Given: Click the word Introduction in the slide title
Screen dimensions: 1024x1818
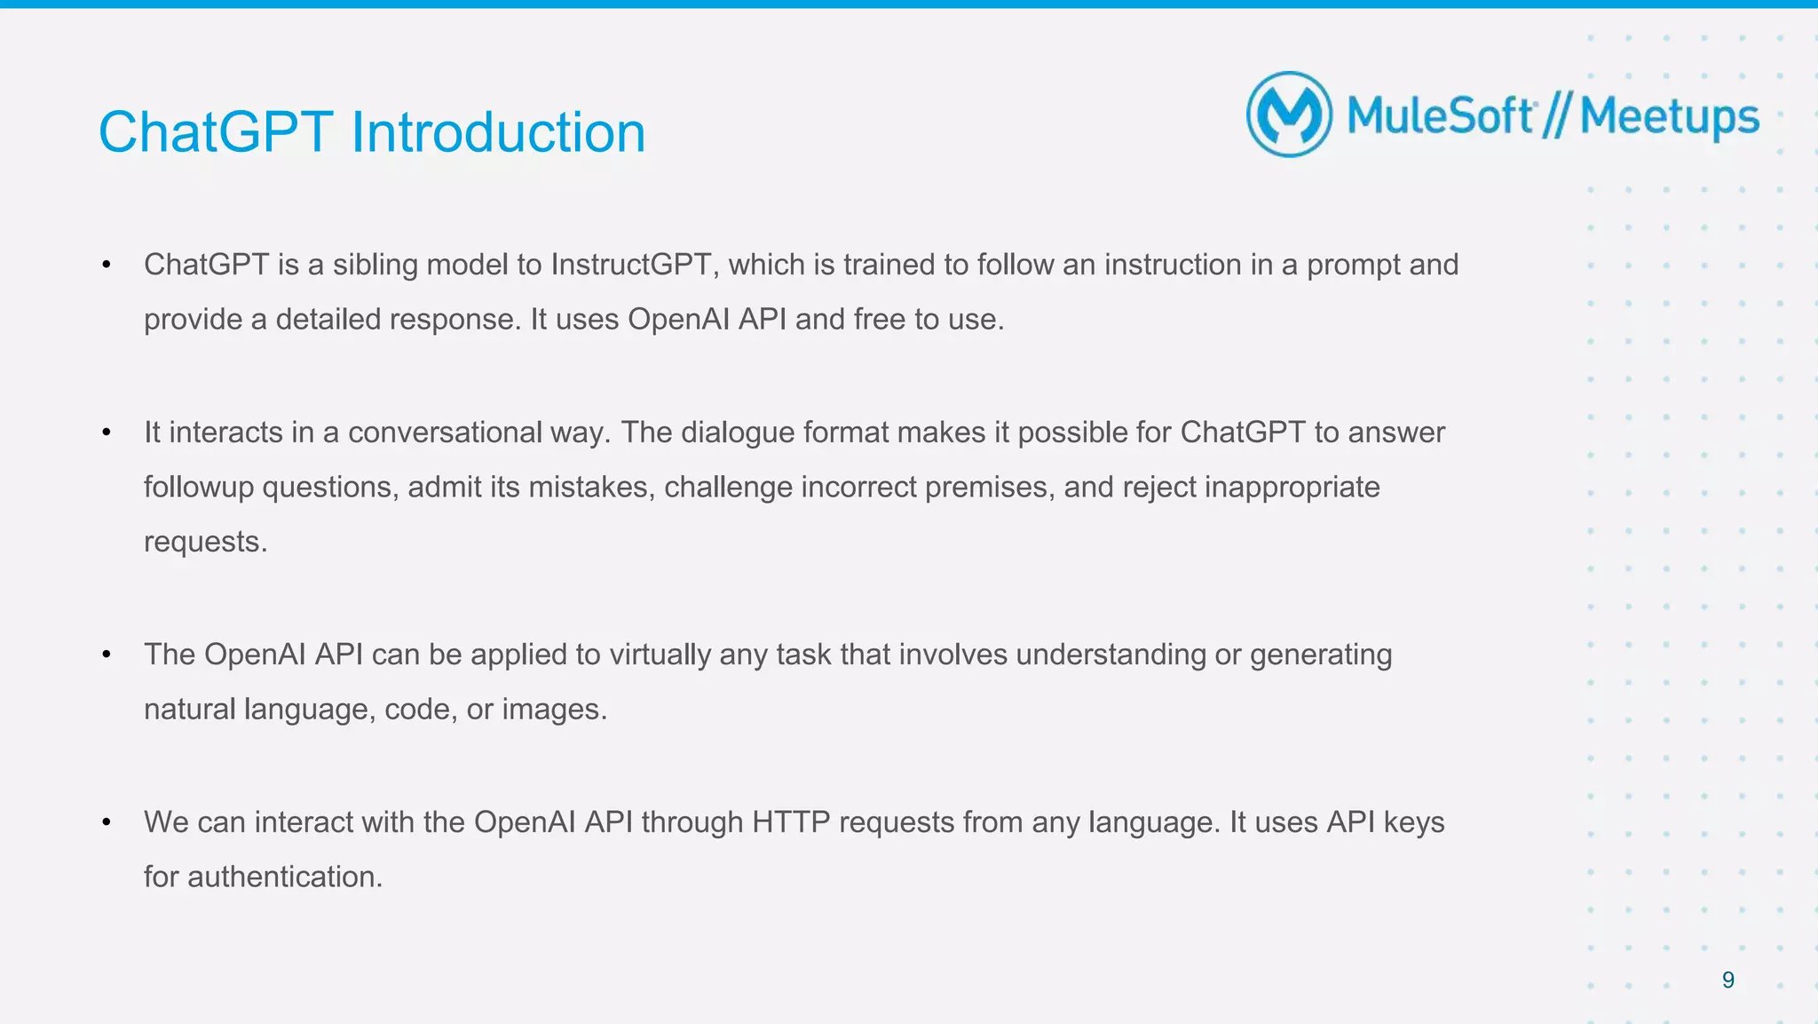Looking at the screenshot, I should coord(498,132).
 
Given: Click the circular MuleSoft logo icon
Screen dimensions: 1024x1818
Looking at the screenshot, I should coord(1289,115).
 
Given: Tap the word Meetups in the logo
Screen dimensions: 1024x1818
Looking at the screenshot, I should coord(1669,117).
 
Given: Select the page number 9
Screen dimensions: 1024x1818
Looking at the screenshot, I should coord(1727,980).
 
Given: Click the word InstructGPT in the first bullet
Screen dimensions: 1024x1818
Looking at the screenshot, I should coord(630,265).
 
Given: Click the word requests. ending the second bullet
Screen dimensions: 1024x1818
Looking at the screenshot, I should coord(205,542).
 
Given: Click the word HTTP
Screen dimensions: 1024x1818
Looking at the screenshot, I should coord(791,822).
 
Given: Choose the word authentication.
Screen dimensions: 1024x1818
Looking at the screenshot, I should coord(284,877).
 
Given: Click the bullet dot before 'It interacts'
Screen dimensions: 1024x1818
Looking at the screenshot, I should coord(107,433).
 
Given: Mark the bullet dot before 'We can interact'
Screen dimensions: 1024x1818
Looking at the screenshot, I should coord(107,822).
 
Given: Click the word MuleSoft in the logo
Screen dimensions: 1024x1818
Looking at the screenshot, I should coord(1440,117).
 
